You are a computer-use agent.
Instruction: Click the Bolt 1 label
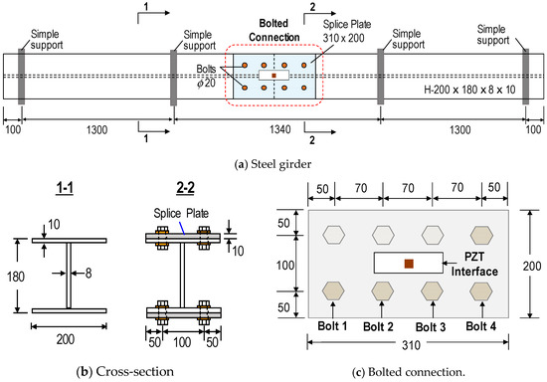[x=332, y=326]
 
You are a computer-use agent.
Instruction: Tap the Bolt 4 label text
[x=481, y=326]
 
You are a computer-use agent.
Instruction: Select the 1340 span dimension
[x=280, y=129]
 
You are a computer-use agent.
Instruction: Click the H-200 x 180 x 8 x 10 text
[x=469, y=90]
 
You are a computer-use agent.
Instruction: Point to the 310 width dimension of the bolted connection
[x=412, y=345]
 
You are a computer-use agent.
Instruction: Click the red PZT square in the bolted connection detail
[x=409, y=264]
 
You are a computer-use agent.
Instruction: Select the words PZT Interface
[x=474, y=264]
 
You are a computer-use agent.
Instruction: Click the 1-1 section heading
[x=65, y=188]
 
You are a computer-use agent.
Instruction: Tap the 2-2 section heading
[x=185, y=188]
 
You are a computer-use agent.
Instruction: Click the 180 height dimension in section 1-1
[x=16, y=277]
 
